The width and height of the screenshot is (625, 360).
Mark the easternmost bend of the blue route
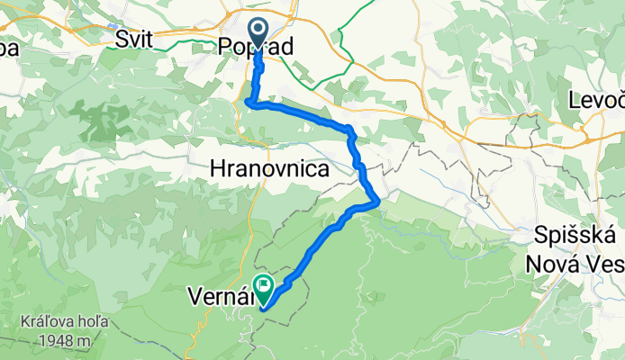[x=376, y=200]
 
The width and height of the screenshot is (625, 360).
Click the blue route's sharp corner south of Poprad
[x=248, y=103]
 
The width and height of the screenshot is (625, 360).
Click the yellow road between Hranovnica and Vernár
[x=251, y=225]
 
